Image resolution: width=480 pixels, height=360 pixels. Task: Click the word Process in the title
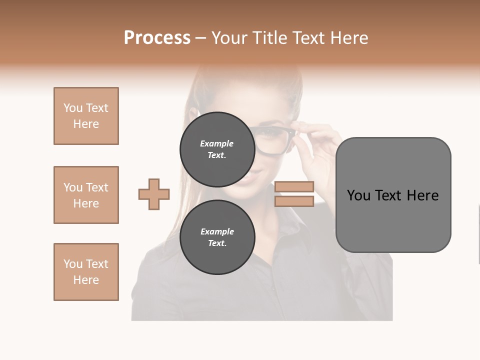(x=157, y=38)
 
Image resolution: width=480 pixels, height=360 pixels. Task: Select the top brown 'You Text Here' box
(x=86, y=116)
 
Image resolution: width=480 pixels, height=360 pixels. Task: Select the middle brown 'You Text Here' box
(x=86, y=195)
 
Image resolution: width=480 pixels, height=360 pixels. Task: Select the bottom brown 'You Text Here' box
(x=86, y=272)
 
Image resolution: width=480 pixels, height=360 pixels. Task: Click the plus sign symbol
(x=154, y=194)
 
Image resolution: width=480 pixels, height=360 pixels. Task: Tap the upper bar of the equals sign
(x=294, y=186)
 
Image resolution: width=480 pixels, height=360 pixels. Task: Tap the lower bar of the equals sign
(x=294, y=201)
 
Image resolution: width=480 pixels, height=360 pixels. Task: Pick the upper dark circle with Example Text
(x=217, y=149)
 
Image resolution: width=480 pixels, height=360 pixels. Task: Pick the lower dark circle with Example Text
(x=217, y=237)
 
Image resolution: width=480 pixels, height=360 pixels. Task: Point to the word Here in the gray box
(x=422, y=195)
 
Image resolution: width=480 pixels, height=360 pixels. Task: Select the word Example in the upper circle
(x=217, y=143)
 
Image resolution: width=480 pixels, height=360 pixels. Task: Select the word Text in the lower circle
(x=217, y=243)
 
